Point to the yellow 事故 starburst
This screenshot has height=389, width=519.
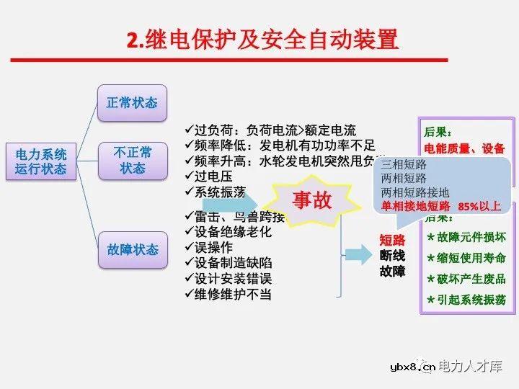[312, 201]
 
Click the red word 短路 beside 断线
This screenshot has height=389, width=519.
[392, 240]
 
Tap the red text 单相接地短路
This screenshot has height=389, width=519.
[415, 207]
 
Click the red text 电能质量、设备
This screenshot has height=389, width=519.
[464, 149]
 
